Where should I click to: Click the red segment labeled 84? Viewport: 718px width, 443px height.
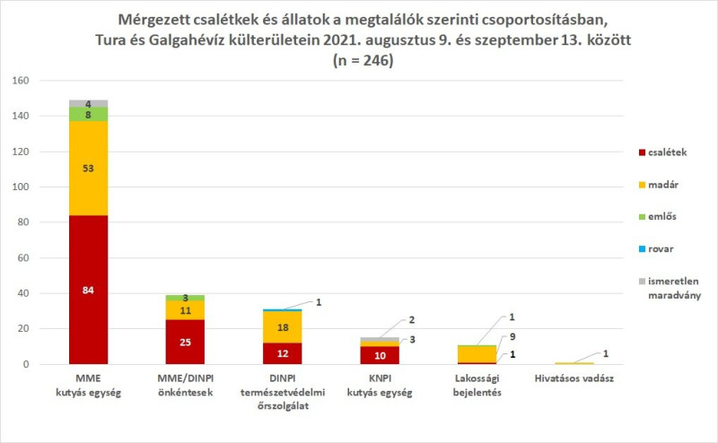[88, 290]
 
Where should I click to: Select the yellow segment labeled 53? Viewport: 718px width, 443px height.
[88, 168]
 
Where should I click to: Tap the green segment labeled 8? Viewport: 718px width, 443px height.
[88, 114]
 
